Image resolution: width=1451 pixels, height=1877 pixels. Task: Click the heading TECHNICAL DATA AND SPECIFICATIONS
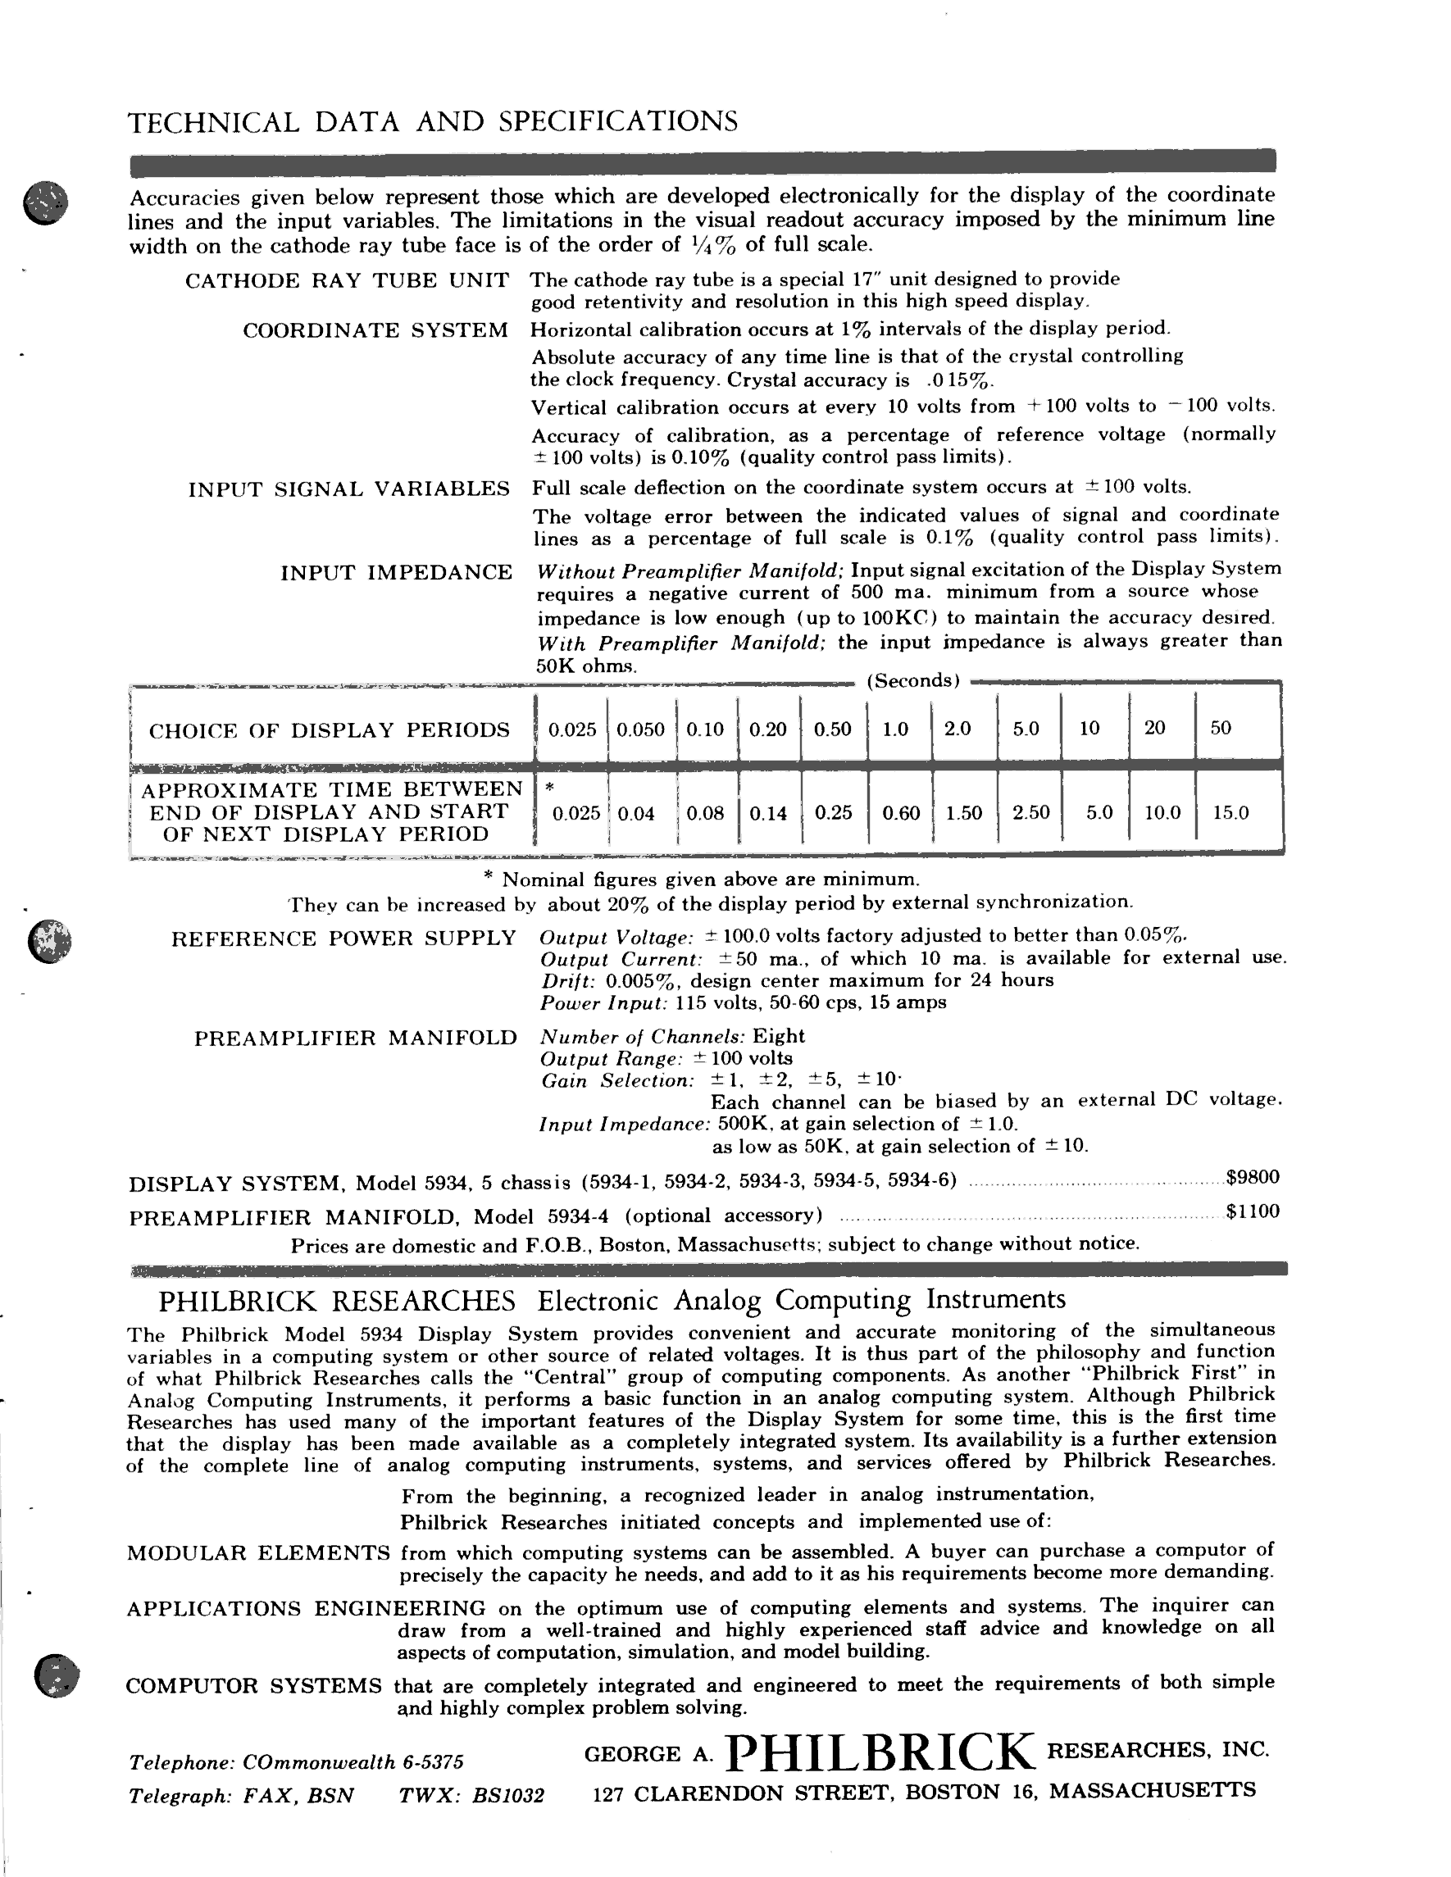(x=432, y=121)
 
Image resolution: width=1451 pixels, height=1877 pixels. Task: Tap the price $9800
(x=1253, y=1176)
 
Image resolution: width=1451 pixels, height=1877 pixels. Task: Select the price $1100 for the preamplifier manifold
(x=1253, y=1211)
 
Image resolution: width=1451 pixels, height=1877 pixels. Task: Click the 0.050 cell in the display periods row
(x=641, y=729)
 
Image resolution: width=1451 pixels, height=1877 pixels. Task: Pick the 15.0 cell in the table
(x=1230, y=812)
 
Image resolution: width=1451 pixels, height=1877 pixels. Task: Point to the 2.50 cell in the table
(x=1030, y=812)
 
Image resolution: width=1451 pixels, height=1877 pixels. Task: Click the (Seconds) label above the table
(x=913, y=680)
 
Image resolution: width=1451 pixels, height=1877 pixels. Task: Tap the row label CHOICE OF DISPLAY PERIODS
(x=330, y=730)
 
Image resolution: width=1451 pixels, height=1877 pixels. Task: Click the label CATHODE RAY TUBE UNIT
(x=347, y=281)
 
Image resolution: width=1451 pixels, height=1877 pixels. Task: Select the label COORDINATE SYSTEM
(x=375, y=331)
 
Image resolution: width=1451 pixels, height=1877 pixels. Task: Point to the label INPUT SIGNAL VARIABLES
(x=349, y=489)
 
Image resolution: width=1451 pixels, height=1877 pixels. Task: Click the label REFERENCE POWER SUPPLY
(x=343, y=938)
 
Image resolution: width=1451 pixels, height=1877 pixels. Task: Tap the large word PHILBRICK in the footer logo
(x=880, y=1753)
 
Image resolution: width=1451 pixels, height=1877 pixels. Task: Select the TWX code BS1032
(x=508, y=1795)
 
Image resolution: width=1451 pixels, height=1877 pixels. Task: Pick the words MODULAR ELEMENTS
(x=258, y=1553)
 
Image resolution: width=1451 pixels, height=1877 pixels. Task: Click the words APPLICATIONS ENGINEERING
(x=306, y=1608)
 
